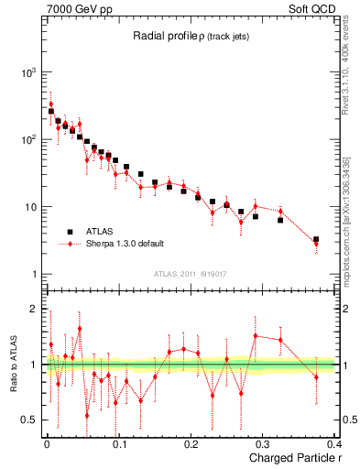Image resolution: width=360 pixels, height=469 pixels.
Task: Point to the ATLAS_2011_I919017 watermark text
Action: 191,272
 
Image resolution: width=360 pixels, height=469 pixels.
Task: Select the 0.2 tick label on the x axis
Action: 191,445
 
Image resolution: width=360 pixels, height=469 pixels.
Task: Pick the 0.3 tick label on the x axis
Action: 263,445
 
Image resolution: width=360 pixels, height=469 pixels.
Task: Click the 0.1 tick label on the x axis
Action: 118,445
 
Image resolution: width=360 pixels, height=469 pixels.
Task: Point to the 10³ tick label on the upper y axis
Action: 27,72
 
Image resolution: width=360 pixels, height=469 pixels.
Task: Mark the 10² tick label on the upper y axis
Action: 27,140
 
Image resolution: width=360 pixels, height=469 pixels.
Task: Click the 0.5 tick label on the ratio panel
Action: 30,420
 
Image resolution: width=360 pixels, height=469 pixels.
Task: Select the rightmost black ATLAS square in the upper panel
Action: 316,240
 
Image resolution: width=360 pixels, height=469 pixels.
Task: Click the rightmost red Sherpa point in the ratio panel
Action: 316,376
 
